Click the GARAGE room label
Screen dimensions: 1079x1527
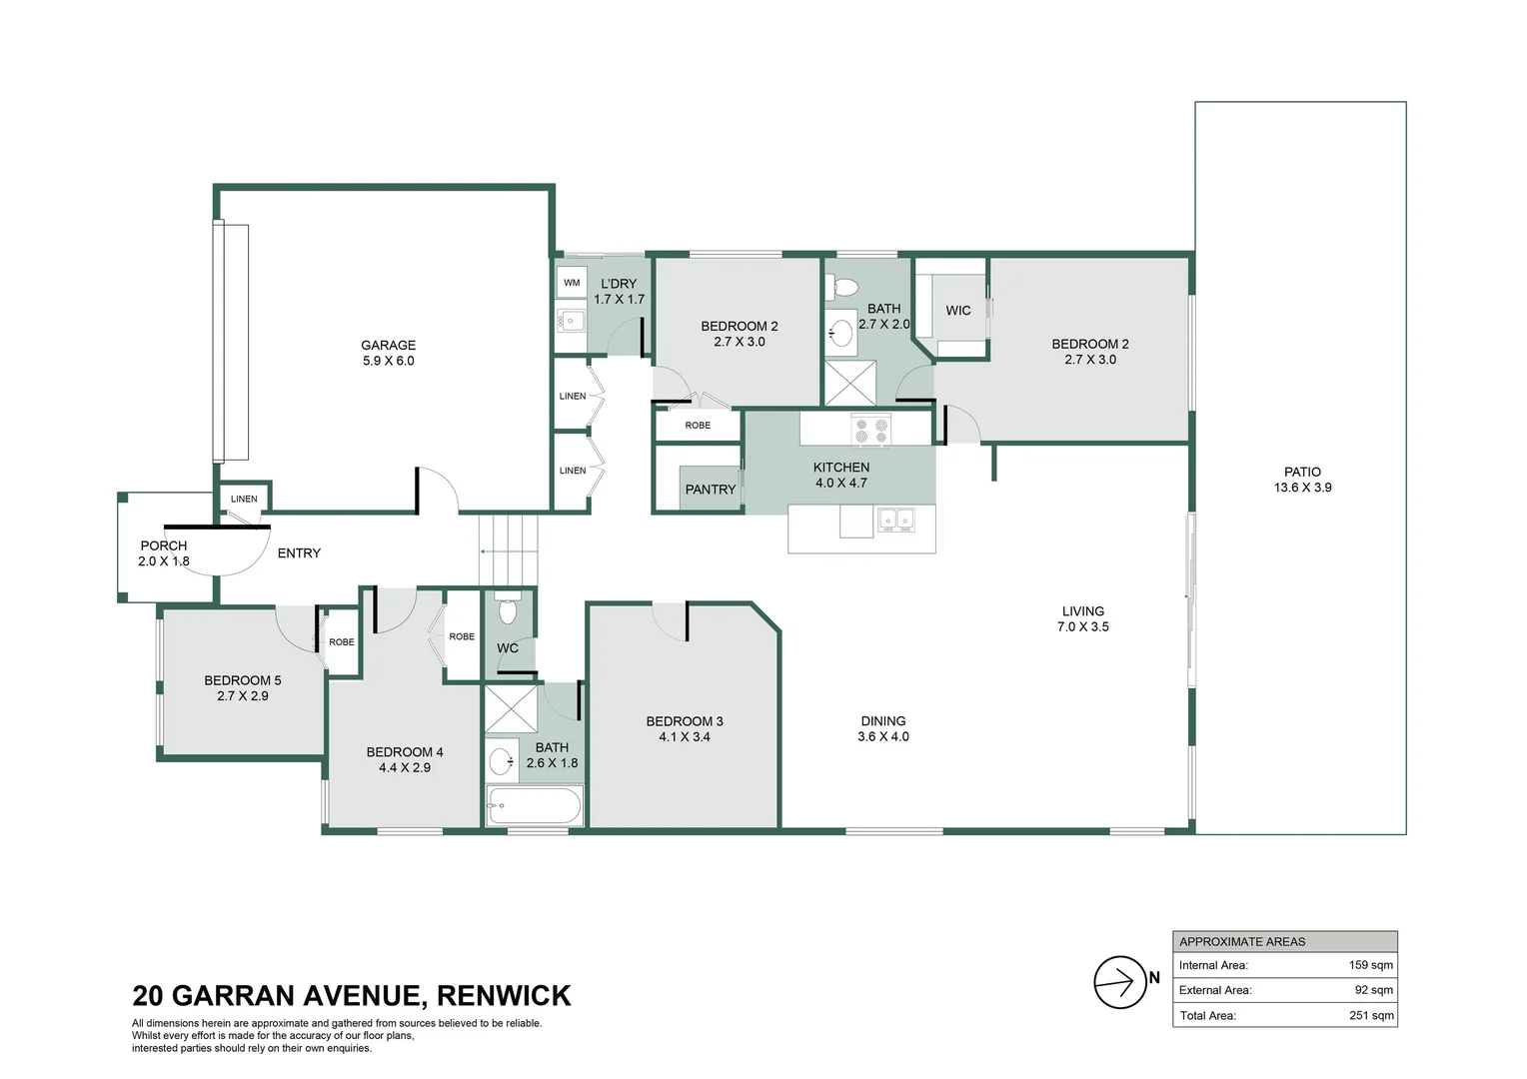point(388,345)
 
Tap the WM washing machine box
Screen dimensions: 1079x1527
point(572,283)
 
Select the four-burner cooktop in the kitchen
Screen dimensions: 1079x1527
point(870,432)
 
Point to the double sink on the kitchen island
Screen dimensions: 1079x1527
point(895,520)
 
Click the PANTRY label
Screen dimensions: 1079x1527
point(710,490)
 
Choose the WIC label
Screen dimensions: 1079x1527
point(957,311)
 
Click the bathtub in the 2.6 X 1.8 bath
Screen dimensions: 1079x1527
point(534,805)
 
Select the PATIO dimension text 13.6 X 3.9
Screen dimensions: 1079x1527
point(1302,488)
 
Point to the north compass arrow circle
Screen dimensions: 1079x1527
point(1119,982)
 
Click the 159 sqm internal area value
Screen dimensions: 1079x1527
point(1370,965)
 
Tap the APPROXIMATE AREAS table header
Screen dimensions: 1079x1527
point(1242,941)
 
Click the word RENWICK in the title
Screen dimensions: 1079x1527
point(504,996)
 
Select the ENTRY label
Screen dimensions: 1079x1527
point(299,553)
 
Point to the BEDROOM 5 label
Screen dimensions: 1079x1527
point(243,680)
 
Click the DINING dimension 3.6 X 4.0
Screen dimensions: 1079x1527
point(883,736)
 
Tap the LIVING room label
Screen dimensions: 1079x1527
point(1083,611)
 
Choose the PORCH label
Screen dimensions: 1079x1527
point(164,545)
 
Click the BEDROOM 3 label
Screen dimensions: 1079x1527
point(685,721)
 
